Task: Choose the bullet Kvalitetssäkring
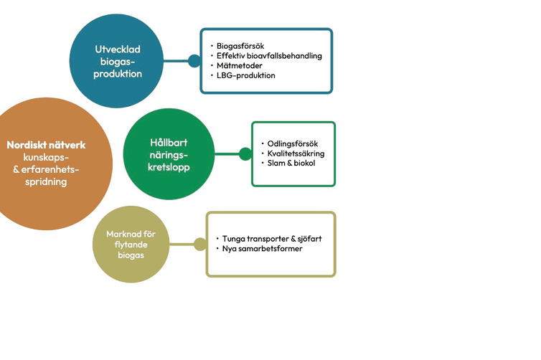coord(296,153)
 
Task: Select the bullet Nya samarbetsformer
coord(262,249)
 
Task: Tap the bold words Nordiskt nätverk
coord(46,145)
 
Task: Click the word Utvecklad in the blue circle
coord(117,49)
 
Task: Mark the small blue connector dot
coord(194,61)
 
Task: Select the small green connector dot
coord(245,153)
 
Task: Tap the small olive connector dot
coord(200,244)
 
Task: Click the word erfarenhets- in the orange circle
coord(46,169)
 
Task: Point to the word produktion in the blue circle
coord(117,74)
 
